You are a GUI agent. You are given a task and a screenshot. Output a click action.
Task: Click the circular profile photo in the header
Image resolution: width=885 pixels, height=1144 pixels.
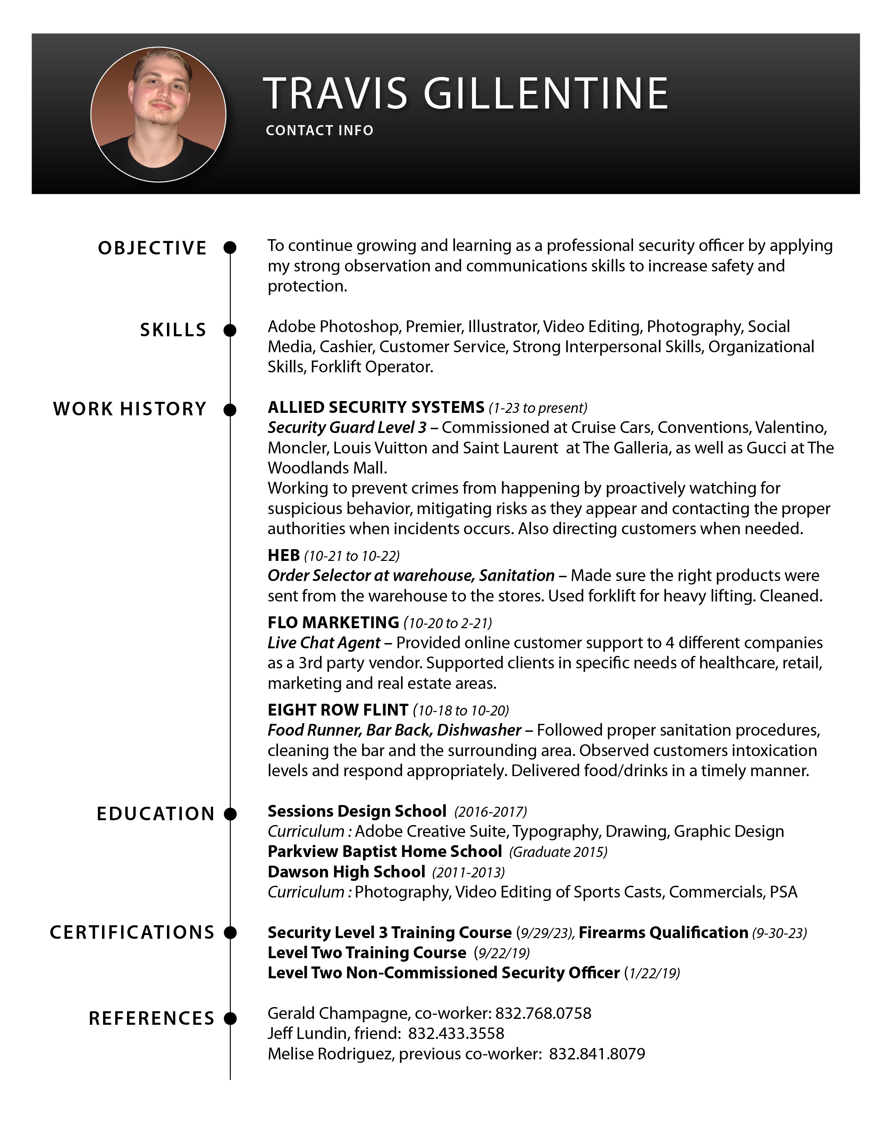point(158,115)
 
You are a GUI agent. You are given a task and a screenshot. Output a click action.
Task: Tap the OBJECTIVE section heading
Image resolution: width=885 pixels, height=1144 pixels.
point(152,248)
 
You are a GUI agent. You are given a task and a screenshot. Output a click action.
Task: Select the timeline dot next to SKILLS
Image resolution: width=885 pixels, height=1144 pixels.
point(230,330)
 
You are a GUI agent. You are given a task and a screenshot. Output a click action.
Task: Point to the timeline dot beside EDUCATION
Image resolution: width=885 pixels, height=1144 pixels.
point(230,814)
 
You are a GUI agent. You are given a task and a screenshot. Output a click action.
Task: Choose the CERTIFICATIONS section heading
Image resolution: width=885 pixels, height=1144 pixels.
point(132,933)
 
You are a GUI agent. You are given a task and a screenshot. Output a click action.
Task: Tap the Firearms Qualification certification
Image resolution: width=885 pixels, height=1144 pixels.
point(663,933)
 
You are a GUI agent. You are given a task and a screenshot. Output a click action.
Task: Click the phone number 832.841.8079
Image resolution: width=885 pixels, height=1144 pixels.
point(597,1054)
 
